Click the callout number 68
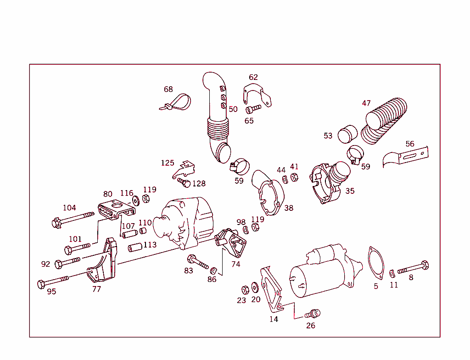[168, 89]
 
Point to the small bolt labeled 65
[253, 109]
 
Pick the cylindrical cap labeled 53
[347, 135]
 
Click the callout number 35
[350, 191]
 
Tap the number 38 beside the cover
[288, 208]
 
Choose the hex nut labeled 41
[295, 178]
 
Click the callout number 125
[168, 163]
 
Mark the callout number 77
[96, 289]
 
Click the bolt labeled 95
[53, 281]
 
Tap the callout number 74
[235, 264]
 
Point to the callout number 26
[311, 326]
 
